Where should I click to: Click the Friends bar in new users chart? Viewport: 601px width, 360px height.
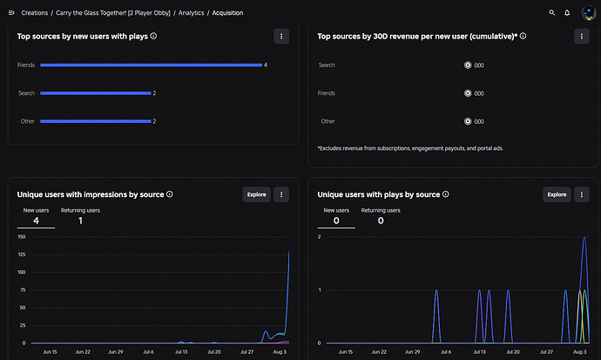[151, 65]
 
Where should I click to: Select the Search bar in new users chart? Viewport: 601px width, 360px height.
[96, 93]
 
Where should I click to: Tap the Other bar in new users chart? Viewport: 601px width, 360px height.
[96, 121]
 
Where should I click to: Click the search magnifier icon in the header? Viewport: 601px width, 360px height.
[551, 13]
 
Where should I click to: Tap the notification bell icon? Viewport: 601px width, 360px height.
[567, 13]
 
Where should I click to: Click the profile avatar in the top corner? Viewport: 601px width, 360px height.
[588, 13]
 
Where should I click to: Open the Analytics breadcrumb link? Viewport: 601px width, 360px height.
[191, 13]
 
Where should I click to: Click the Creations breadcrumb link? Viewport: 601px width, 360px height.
[35, 13]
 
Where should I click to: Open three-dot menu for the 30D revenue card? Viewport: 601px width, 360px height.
[582, 36]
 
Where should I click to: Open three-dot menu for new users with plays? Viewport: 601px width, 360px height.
[281, 36]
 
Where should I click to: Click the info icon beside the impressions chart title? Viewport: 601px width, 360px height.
[170, 194]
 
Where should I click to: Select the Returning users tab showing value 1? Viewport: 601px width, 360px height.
[80, 216]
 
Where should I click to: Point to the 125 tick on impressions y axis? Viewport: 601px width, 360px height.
[22, 255]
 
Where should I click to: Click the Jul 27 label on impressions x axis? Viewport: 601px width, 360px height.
[246, 351]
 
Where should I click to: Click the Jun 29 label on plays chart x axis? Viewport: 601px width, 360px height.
[412, 351]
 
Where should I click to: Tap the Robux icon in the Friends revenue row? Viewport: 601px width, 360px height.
[468, 93]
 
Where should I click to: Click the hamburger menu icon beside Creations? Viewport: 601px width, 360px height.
[11, 13]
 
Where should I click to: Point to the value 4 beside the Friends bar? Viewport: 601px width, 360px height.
[266, 65]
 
